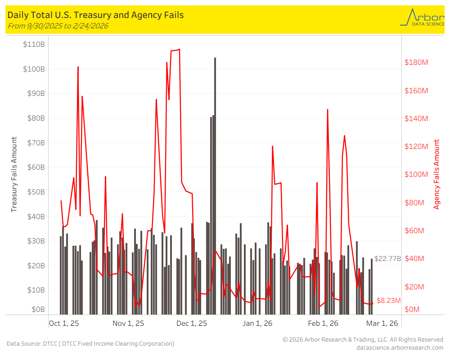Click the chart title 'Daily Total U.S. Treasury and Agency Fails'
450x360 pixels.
point(95,15)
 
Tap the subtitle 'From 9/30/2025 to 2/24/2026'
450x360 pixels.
point(58,26)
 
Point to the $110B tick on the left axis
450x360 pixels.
point(34,45)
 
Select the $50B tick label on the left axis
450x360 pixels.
point(34,192)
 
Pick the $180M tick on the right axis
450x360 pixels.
point(416,62)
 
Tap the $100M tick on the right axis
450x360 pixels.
point(416,175)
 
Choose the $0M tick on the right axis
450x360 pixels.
point(413,310)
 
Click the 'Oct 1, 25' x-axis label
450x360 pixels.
point(64,323)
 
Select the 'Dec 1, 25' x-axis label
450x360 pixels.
point(192,323)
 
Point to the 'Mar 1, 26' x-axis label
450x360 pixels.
point(382,323)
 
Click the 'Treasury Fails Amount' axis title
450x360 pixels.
point(14,175)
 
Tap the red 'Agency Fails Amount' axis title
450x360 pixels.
point(436,175)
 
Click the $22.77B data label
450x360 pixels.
point(387,259)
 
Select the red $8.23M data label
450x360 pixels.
point(388,300)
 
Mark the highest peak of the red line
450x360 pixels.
point(179,49)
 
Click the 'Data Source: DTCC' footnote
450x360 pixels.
point(90,344)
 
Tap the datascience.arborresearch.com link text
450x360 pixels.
point(400,347)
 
